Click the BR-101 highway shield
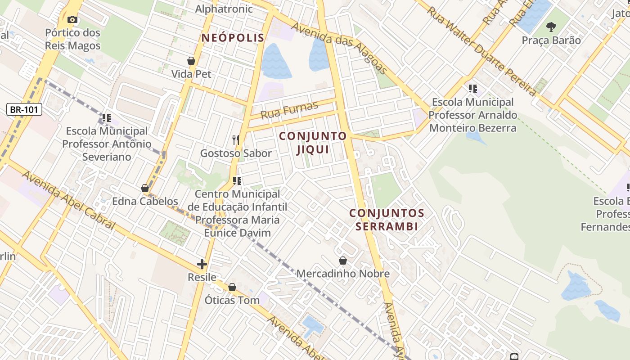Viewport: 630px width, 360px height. [25, 109]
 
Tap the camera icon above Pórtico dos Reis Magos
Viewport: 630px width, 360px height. [72, 19]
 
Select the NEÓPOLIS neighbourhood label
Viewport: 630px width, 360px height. [233, 38]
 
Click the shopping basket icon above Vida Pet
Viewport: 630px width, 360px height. [191, 61]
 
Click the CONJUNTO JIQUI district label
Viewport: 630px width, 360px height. [313, 143]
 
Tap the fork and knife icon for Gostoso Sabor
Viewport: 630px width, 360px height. [236, 140]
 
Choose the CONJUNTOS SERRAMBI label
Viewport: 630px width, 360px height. [387, 219]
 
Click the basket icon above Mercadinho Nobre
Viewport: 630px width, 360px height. [343, 261]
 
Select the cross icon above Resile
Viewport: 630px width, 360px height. [202, 264]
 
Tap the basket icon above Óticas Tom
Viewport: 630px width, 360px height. [232, 287]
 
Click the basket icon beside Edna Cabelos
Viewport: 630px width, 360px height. [145, 188]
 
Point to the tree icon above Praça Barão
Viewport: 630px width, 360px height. [551, 27]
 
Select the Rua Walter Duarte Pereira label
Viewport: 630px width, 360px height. [481, 49]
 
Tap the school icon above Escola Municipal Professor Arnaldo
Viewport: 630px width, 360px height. [472, 89]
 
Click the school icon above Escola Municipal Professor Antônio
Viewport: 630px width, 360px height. [107, 118]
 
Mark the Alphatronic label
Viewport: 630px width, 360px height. [224, 9]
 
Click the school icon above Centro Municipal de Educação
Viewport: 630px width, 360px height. [237, 181]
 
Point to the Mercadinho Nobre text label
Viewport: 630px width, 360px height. [343, 274]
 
